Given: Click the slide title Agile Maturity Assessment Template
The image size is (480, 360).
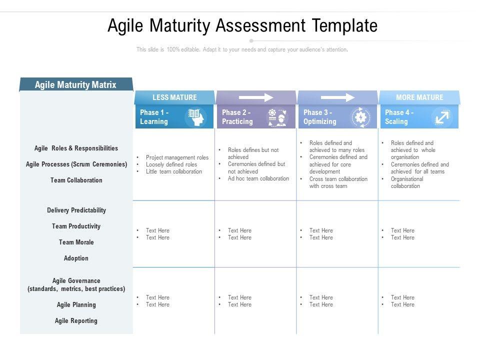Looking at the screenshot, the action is [242, 25].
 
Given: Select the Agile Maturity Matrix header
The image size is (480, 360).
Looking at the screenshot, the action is [75, 85].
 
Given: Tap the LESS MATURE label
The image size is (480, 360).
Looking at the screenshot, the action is [174, 97].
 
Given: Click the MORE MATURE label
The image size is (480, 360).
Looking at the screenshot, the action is [419, 97].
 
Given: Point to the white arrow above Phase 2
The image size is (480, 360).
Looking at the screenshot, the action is [256, 97].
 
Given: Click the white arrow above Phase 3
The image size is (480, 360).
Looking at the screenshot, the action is [337, 97].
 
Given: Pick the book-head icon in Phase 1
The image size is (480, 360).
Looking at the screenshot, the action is [195, 117].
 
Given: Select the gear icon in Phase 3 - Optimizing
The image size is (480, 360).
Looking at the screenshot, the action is [360, 117].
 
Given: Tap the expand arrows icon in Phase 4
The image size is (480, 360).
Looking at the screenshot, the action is [442, 117].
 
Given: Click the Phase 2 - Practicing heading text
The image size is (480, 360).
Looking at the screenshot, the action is [237, 117].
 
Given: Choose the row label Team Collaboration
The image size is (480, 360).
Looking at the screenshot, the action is [76, 180].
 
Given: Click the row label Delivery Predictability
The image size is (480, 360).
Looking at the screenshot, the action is [76, 210].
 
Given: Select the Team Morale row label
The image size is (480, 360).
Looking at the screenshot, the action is [76, 242].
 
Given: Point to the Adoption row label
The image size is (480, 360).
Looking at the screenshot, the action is [76, 258].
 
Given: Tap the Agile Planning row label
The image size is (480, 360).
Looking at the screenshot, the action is [76, 305].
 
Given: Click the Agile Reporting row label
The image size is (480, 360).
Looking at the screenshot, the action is [76, 321].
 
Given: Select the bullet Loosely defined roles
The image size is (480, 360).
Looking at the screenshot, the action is [171, 164].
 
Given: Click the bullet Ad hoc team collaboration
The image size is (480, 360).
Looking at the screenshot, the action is [258, 178].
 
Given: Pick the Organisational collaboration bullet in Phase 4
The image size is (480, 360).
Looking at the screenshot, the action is [406, 182].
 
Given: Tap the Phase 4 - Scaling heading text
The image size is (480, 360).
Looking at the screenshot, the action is [399, 117].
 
